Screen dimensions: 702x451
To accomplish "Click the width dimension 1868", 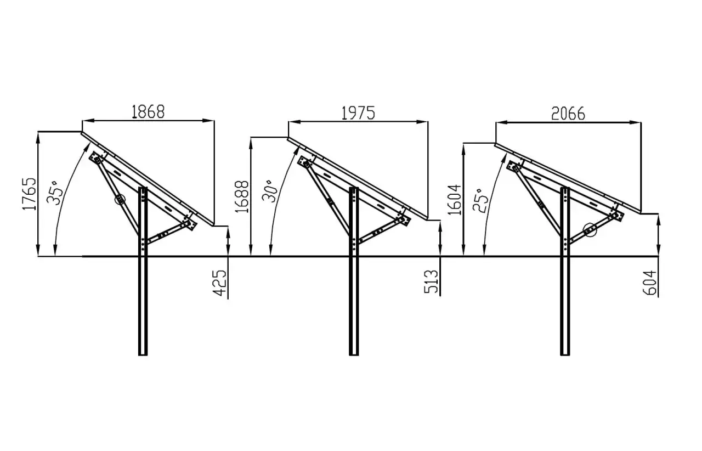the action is click(x=148, y=111).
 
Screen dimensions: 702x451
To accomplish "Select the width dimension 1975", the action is click(x=358, y=113).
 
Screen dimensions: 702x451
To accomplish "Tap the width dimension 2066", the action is click(x=568, y=114).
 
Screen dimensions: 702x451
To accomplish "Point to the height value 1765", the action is click(x=29, y=194).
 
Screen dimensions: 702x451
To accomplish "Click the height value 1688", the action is click(x=242, y=197).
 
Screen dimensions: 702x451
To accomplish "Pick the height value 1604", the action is click(x=455, y=200).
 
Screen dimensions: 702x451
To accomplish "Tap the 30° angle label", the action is click(x=269, y=191).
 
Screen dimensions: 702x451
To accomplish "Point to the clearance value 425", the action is click(x=219, y=283).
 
